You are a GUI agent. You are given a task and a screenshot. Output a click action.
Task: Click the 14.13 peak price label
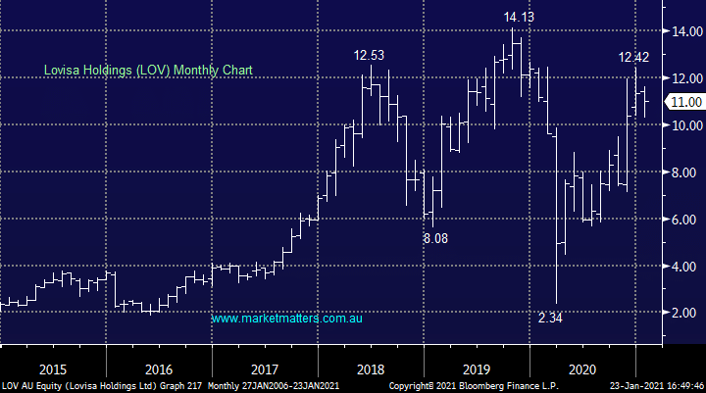pyautogui.click(x=520, y=17)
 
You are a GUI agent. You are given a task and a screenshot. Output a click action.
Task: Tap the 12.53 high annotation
pyautogui.click(x=370, y=56)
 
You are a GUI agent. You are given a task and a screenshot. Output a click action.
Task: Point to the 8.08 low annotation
pyautogui.click(x=436, y=237)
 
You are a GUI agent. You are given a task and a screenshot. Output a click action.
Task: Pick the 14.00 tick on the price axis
pyautogui.click(x=680, y=32)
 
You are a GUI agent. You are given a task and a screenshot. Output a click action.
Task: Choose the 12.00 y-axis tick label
pyautogui.click(x=680, y=78)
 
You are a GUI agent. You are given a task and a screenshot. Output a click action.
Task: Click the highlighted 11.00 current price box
pyautogui.click(x=683, y=102)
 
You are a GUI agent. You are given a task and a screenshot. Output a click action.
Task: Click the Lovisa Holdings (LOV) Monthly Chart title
pyautogui.click(x=147, y=71)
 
